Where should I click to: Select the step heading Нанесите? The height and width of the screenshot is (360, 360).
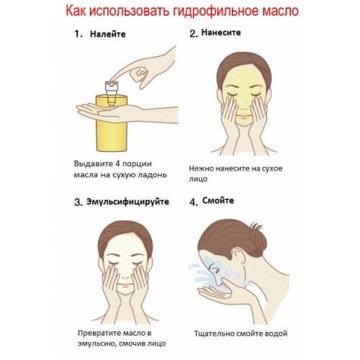coord(221,33)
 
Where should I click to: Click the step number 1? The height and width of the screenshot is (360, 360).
coord(78,33)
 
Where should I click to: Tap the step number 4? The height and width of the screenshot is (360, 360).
coord(192,202)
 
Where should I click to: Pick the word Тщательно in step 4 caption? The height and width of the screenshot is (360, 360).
coord(217,334)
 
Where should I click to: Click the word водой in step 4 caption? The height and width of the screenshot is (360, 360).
coord(276,334)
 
